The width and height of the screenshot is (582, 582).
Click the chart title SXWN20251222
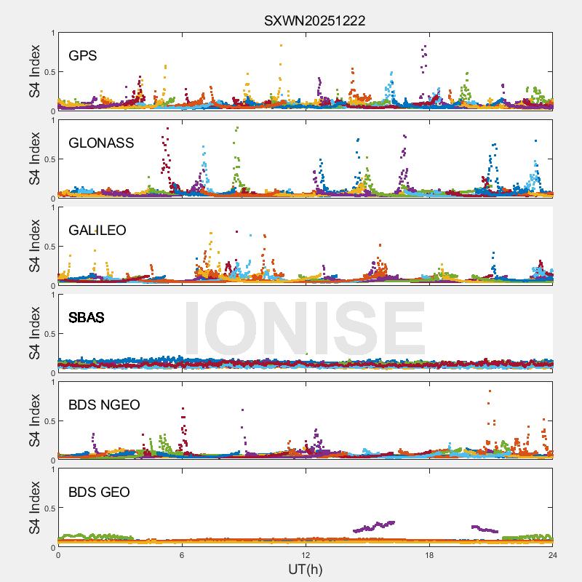(x=314, y=21)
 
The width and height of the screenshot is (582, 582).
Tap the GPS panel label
(x=83, y=55)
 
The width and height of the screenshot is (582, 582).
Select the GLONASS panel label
(x=101, y=143)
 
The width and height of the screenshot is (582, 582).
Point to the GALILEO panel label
(x=97, y=230)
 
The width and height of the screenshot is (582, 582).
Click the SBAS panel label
(x=87, y=317)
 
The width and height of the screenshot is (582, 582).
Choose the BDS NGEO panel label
(x=104, y=404)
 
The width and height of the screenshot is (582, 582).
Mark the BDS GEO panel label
(x=99, y=492)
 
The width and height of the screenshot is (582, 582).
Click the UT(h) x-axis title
(x=306, y=569)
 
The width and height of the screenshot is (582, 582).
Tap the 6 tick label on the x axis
(x=182, y=555)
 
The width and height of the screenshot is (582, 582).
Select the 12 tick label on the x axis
(x=306, y=555)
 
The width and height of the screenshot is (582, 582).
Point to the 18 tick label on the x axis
(x=429, y=555)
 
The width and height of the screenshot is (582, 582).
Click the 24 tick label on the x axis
(x=553, y=555)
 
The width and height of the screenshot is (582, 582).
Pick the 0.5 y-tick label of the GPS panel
(x=47, y=72)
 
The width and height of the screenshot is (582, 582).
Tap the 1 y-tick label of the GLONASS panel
(x=52, y=120)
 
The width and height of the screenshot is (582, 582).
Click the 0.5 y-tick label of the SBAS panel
(x=47, y=334)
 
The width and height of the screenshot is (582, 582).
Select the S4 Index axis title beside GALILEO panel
(x=35, y=246)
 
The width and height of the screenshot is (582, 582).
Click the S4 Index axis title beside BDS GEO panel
(x=35, y=508)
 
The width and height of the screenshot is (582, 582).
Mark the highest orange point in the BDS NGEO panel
(x=490, y=391)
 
